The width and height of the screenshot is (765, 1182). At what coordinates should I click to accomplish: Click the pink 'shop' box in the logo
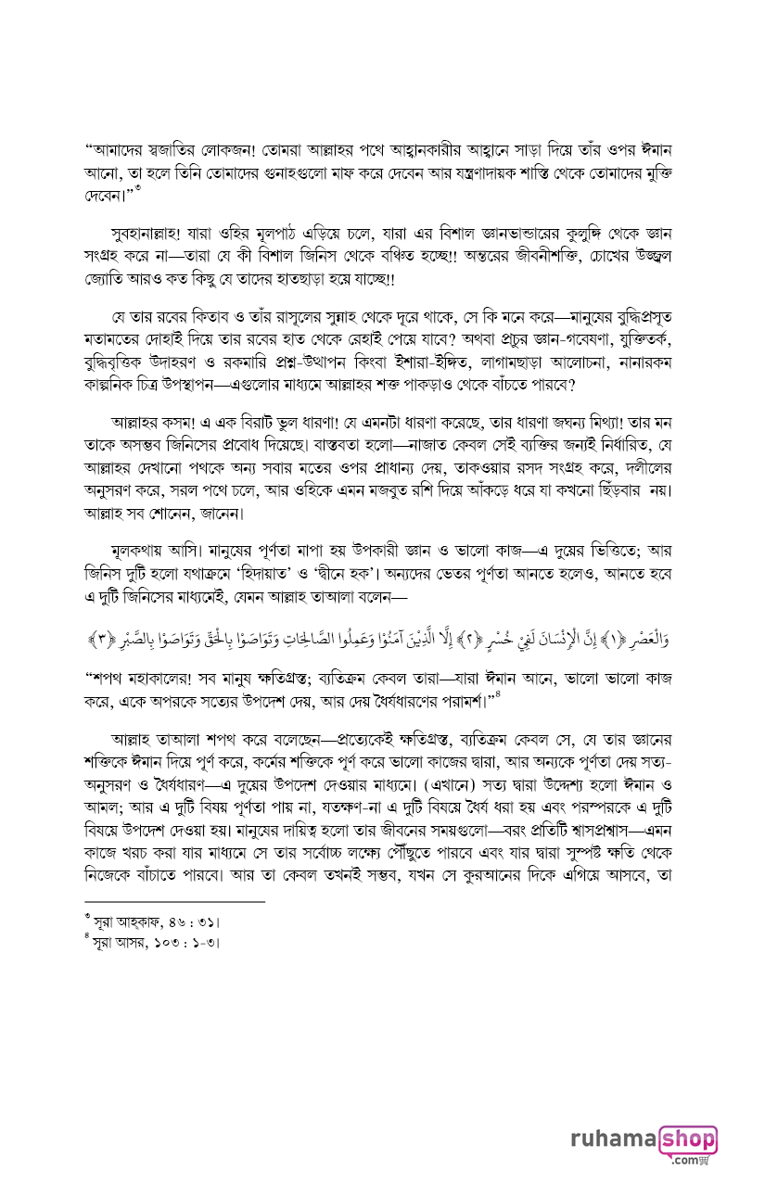coord(687,1138)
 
